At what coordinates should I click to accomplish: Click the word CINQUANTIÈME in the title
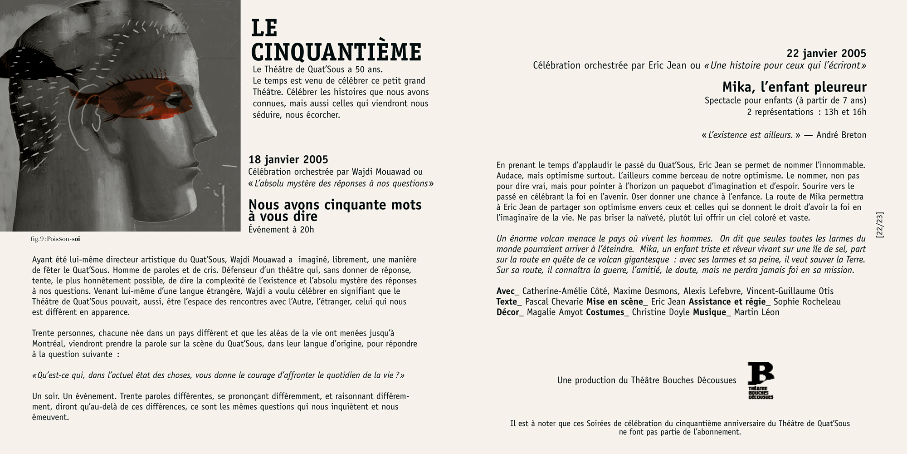(336, 52)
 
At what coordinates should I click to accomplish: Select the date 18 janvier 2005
(288, 159)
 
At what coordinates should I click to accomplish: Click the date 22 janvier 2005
(826, 54)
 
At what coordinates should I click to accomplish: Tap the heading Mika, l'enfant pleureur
(794, 87)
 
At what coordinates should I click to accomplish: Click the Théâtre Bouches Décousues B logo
(761, 380)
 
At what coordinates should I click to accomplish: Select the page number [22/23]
(880, 225)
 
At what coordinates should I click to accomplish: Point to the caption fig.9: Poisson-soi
(55, 239)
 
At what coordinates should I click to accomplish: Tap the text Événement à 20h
(281, 229)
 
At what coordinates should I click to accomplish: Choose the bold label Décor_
(510, 312)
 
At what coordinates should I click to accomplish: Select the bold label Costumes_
(607, 312)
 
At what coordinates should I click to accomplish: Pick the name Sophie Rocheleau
(807, 302)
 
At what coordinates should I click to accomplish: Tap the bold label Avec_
(507, 291)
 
